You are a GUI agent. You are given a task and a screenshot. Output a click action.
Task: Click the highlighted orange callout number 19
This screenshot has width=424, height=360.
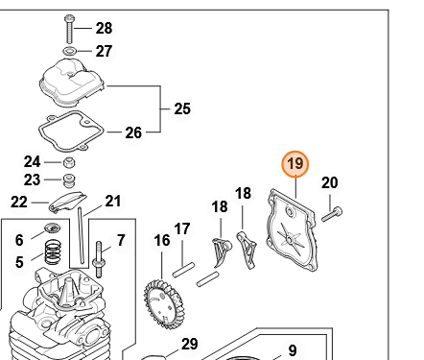point(295,164)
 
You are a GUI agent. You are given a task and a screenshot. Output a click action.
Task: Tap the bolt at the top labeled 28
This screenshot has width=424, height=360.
point(69,29)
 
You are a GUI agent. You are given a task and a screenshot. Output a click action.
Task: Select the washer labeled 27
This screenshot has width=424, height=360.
point(69,51)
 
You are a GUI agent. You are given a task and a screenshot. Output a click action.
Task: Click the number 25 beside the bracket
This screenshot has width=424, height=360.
point(182,108)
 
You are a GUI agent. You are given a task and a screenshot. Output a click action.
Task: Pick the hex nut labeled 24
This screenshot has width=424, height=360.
point(68,163)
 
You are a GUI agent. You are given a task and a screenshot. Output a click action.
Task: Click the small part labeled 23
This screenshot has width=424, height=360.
point(68,181)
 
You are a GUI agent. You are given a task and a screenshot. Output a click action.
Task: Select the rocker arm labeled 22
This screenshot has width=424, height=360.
point(67,203)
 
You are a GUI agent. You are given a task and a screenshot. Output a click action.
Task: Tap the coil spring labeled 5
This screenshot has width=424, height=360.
point(53,252)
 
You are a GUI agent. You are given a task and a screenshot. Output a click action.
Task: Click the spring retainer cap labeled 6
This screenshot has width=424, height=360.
point(52,228)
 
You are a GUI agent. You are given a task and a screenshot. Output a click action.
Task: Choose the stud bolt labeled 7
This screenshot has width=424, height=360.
point(99,259)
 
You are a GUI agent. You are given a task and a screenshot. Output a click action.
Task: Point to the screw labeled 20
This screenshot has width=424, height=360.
point(332,215)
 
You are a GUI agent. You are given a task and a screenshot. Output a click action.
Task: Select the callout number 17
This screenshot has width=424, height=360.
point(182,229)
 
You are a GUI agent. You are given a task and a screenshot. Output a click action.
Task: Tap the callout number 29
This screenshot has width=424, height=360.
point(190,344)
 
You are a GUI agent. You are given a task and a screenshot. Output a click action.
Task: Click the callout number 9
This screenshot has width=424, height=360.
point(293,350)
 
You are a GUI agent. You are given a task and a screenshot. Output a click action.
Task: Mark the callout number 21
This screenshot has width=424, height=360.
point(113,202)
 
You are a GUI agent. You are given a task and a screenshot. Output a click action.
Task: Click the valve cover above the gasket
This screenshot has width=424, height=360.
point(72,83)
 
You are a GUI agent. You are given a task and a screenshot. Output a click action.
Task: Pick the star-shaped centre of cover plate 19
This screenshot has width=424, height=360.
point(290,239)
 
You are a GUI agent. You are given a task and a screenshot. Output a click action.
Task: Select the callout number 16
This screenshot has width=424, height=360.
point(162,241)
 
